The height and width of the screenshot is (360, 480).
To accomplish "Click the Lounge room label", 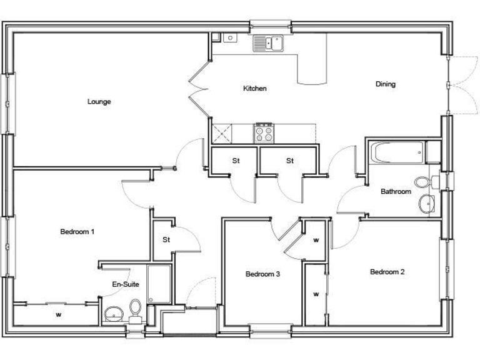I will [99, 101].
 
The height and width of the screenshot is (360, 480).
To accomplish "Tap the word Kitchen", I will [255, 89].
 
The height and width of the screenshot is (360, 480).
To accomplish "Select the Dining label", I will [385, 84].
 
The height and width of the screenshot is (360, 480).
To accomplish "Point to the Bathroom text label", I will [396, 192].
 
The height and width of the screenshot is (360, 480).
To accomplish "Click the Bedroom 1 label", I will [77, 232].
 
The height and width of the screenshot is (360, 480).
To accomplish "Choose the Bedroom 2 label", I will [387, 272].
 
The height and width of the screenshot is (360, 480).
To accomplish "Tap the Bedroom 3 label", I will [262, 274].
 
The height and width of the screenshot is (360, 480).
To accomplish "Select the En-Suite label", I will [125, 285].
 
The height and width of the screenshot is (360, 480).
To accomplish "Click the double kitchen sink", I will [268, 43].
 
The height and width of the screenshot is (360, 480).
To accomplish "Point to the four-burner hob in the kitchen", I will [263, 132].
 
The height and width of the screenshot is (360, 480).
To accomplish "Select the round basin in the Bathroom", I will [427, 203].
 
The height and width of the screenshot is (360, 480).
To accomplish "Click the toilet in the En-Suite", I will [135, 308].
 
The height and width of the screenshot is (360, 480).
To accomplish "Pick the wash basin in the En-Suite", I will [113, 313].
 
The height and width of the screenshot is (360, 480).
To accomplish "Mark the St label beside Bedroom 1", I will [166, 239].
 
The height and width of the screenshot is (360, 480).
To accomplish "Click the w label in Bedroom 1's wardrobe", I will [58, 314].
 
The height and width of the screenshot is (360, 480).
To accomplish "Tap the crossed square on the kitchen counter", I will [221, 132].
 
